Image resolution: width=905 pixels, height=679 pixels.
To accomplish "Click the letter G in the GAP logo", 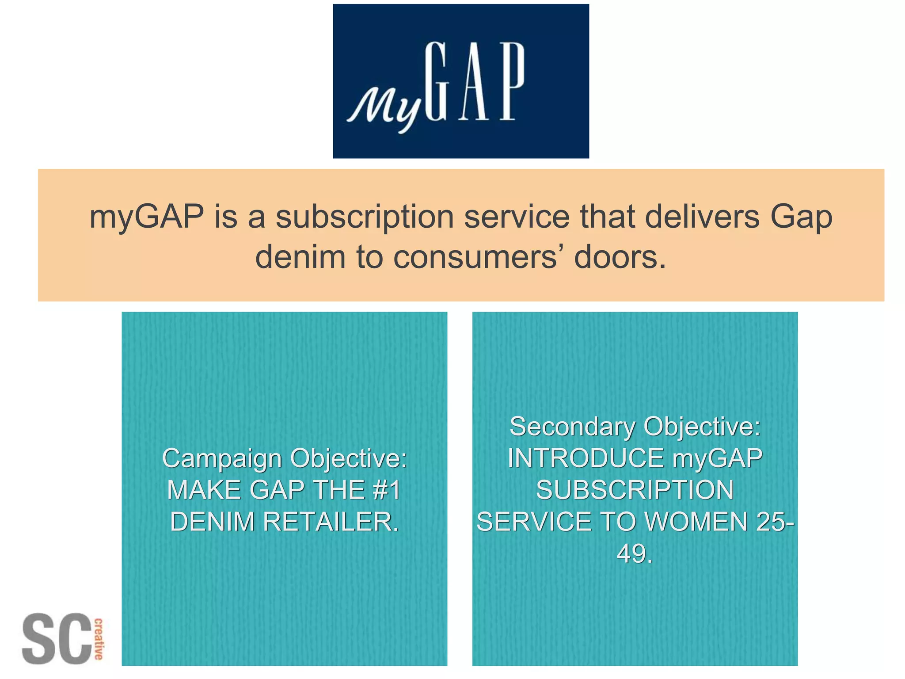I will pyautogui.click(x=436, y=82).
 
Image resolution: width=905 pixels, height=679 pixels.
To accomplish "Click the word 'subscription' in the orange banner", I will pyautogui.click(x=365, y=217).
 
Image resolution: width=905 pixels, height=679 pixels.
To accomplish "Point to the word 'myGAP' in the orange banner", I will pyautogui.click(x=146, y=217).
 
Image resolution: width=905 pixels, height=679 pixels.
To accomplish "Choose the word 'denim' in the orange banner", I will pyautogui.click(x=300, y=257).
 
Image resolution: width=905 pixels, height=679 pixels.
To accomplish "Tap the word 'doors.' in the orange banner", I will pyautogui.click(x=620, y=257).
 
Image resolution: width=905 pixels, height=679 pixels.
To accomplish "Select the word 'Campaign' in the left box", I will pyautogui.click(x=222, y=459).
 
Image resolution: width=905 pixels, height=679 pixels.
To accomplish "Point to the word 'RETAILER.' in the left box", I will pyautogui.click(x=331, y=522).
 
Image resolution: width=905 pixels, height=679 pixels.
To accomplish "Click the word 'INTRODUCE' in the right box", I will pyautogui.click(x=586, y=458).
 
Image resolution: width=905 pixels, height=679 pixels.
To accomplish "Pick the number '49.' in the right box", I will pyautogui.click(x=635, y=553).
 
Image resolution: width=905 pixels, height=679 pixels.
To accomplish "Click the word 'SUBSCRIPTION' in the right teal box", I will pyautogui.click(x=635, y=490).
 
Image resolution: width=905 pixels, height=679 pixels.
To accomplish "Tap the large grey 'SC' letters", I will pyautogui.click(x=56, y=638).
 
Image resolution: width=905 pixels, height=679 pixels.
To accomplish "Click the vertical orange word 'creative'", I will pyautogui.click(x=99, y=639).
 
